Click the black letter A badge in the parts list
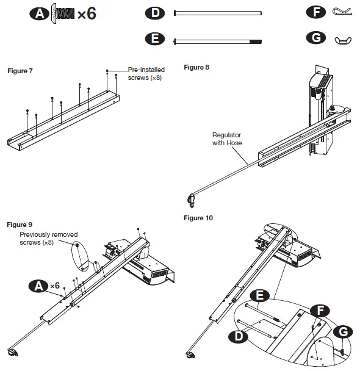39,13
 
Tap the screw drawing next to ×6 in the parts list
63,13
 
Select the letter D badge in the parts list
155,13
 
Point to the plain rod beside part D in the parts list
218,13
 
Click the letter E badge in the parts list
155,38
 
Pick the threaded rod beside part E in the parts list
218,41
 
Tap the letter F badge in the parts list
316,12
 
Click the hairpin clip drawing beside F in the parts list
342,11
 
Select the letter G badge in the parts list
316,38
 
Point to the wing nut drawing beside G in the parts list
343,40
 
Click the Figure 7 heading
20,71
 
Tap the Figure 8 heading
196,67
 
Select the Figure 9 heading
20,225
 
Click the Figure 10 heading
198,218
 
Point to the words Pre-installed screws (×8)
146,74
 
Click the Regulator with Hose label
227,139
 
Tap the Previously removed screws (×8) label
49,239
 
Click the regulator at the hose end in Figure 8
191,200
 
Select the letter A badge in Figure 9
38,286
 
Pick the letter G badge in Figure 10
343,332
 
